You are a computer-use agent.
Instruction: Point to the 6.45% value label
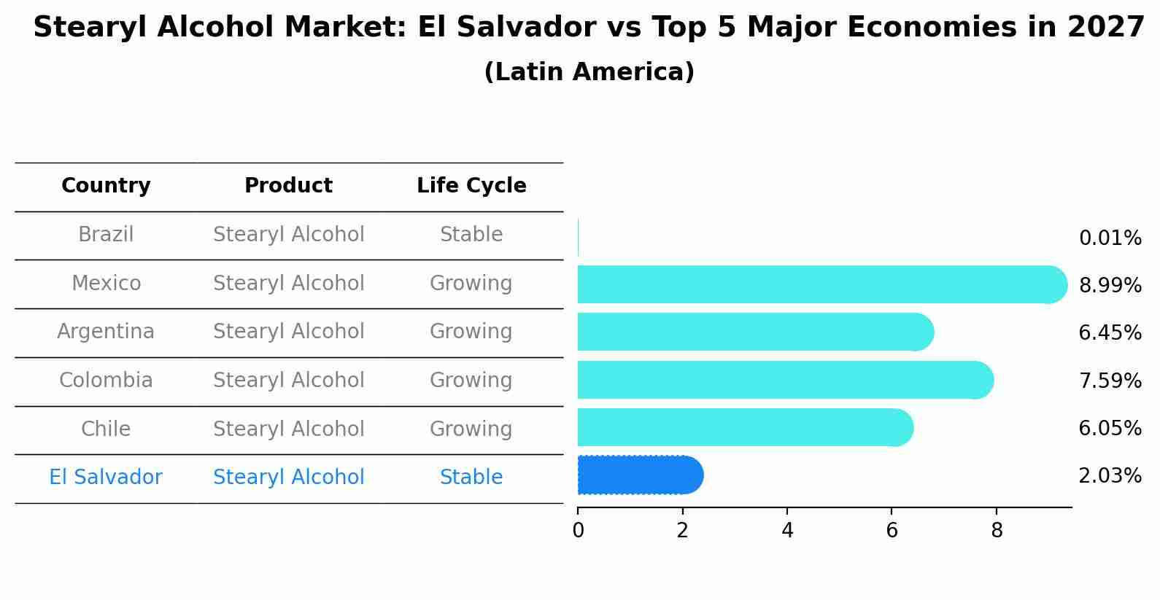click(1110, 333)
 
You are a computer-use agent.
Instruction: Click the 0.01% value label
click(1110, 238)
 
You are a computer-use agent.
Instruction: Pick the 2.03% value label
click(1110, 476)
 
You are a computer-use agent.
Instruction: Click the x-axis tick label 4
click(787, 531)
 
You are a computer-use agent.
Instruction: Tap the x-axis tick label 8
click(997, 531)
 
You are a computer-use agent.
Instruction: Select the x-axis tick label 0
click(578, 531)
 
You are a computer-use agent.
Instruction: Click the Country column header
click(106, 186)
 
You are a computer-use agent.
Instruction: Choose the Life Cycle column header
click(471, 186)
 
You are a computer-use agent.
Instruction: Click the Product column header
click(288, 186)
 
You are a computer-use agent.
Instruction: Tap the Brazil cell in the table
click(106, 235)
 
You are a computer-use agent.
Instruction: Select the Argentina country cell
click(106, 332)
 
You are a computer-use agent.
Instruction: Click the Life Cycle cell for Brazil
click(471, 235)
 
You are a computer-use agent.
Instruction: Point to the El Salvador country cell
click(106, 478)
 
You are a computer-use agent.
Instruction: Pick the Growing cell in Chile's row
click(471, 429)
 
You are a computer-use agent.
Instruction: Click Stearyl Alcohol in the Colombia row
click(288, 381)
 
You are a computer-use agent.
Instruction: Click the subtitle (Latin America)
click(589, 72)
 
